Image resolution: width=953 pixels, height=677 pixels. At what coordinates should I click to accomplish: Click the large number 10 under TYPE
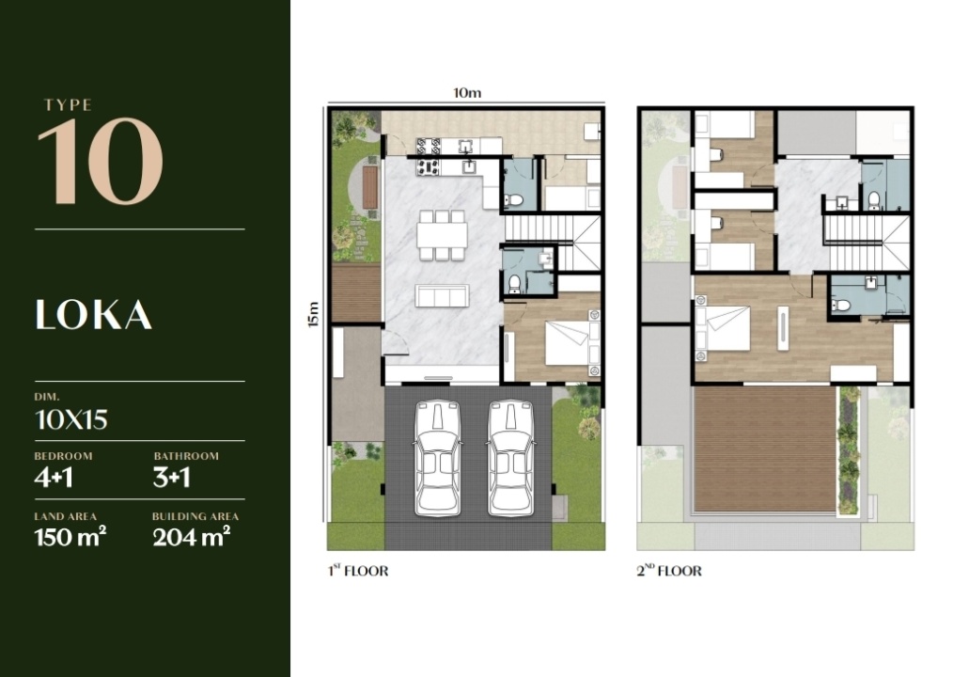pyautogui.click(x=101, y=161)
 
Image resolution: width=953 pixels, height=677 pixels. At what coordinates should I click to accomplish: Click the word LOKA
pyautogui.click(x=94, y=315)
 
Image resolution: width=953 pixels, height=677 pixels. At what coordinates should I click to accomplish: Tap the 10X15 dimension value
pyautogui.click(x=71, y=419)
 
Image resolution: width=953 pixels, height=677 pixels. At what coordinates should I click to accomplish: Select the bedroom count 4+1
pyautogui.click(x=54, y=478)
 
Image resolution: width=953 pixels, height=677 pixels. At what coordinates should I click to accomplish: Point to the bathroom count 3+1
pyautogui.click(x=171, y=478)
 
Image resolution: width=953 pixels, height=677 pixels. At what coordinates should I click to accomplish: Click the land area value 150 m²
pyautogui.click(x=70, y=537)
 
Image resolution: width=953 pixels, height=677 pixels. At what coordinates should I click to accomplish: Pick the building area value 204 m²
pyautogui.click(x=191, y=537)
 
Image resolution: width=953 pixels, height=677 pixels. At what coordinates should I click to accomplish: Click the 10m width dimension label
pyautogui.click(x=467, y=93)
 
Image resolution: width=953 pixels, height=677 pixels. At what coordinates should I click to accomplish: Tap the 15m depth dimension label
pyautogui.click(x=314, y=314)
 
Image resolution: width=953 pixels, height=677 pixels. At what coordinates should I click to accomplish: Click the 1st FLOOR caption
pyautogui.click(x=358, y=571)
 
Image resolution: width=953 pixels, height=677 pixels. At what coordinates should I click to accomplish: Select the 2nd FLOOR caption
pyautogui.click(x=669, y=571)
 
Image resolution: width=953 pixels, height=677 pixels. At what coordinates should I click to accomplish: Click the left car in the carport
pyautogui.click(x=438, y=458)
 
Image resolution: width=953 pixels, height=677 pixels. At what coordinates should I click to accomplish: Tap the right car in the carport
pyautogui.click(x=511, y=458)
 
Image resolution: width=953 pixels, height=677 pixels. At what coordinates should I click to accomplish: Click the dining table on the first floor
pyautogui.click(x=442, y=235)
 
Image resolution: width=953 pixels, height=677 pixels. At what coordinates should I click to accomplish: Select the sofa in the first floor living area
pyautogui.click(x=442, y=296)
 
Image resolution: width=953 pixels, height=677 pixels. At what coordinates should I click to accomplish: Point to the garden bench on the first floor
pyautogui.click(x=369, y=186)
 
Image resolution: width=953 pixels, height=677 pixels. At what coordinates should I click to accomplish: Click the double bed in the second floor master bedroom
pyautogui.click(x=723, y=328)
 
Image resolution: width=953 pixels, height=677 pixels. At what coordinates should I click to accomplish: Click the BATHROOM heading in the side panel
pyautogui.click(x=186, y=456)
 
